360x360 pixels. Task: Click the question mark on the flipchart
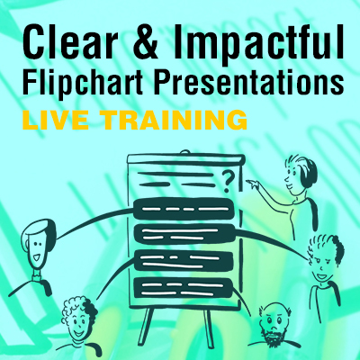(x=228, y=181)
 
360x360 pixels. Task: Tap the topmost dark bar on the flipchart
(x=184, y=209)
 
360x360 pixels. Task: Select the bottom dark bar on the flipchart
(x=184, y=288)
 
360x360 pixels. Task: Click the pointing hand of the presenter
(x=253, y=184)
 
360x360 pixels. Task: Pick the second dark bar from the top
(x=184, y=235)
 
